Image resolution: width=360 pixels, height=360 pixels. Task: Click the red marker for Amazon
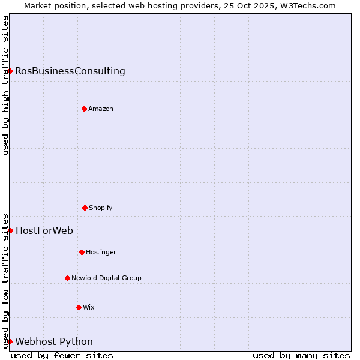tap(84, 109)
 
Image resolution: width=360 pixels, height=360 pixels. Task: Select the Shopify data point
tap(85, 208)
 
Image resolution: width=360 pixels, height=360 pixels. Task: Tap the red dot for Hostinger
tap(82, 252)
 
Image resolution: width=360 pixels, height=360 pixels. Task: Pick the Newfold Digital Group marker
tap(67, 278)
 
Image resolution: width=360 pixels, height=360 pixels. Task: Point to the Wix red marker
tap(79, 307)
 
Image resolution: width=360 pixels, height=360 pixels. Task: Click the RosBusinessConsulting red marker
tap(10, 71)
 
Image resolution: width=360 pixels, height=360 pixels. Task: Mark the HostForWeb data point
tap(10, 230)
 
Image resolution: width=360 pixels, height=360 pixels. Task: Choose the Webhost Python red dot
tap(10, 341)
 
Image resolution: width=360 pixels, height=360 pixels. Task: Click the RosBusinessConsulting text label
tap(70, 71)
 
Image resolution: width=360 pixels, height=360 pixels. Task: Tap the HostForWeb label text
tap(44, 230)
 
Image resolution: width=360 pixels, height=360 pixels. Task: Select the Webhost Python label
tap(54, 342)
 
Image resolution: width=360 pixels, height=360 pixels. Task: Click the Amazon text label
tap(101, 109)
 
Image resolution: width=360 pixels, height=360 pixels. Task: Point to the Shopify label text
tap(101, 208)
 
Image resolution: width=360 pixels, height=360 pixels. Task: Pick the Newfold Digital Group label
tap(107, 278)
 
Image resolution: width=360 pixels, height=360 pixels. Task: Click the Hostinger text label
tap(101, 253)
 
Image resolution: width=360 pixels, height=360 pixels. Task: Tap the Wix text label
tap(89, 308)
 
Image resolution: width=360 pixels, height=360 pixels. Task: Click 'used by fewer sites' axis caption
tap(62, 355)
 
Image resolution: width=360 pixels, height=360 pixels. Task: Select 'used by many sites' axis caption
tap(301, 355)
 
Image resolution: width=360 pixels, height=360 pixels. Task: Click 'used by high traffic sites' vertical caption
tap(5, 85)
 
